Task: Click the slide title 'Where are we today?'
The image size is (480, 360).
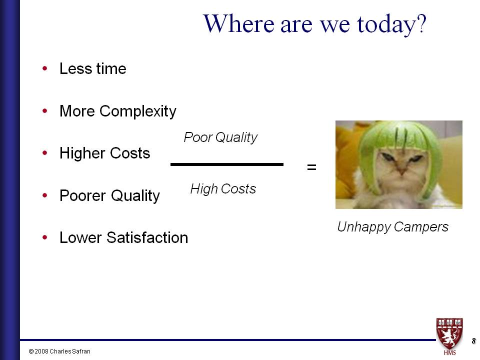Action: click(x=314, y=24)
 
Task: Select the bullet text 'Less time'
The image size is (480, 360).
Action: click(x=93, y=68)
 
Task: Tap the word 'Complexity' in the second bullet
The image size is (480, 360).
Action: click(x=138, y=111)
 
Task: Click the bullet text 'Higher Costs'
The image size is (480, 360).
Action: click(x=104, y=153)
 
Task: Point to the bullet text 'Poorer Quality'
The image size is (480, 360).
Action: click(x=109, y=196)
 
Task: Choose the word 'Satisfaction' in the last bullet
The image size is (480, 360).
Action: click(x=147, y=237)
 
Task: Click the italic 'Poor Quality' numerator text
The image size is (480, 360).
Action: click(x=220, y=137)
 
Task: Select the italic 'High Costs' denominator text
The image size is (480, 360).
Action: click(x=223, y=189)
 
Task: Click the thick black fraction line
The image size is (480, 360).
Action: click(x=227, y=164)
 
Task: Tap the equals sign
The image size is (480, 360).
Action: click(x=311, y=167)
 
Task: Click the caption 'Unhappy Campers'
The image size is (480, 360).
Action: click(x=393, y=227)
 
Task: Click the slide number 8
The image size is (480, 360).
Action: click(x=473, y=340)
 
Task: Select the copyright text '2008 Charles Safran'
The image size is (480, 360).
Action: click(x=62, y=351)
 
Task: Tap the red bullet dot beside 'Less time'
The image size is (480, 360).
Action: click(x=45, y=68)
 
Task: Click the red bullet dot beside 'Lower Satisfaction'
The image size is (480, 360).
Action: click(x=45, y=237)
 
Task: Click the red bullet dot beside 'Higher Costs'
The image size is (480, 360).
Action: click(x=45, y=153)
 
